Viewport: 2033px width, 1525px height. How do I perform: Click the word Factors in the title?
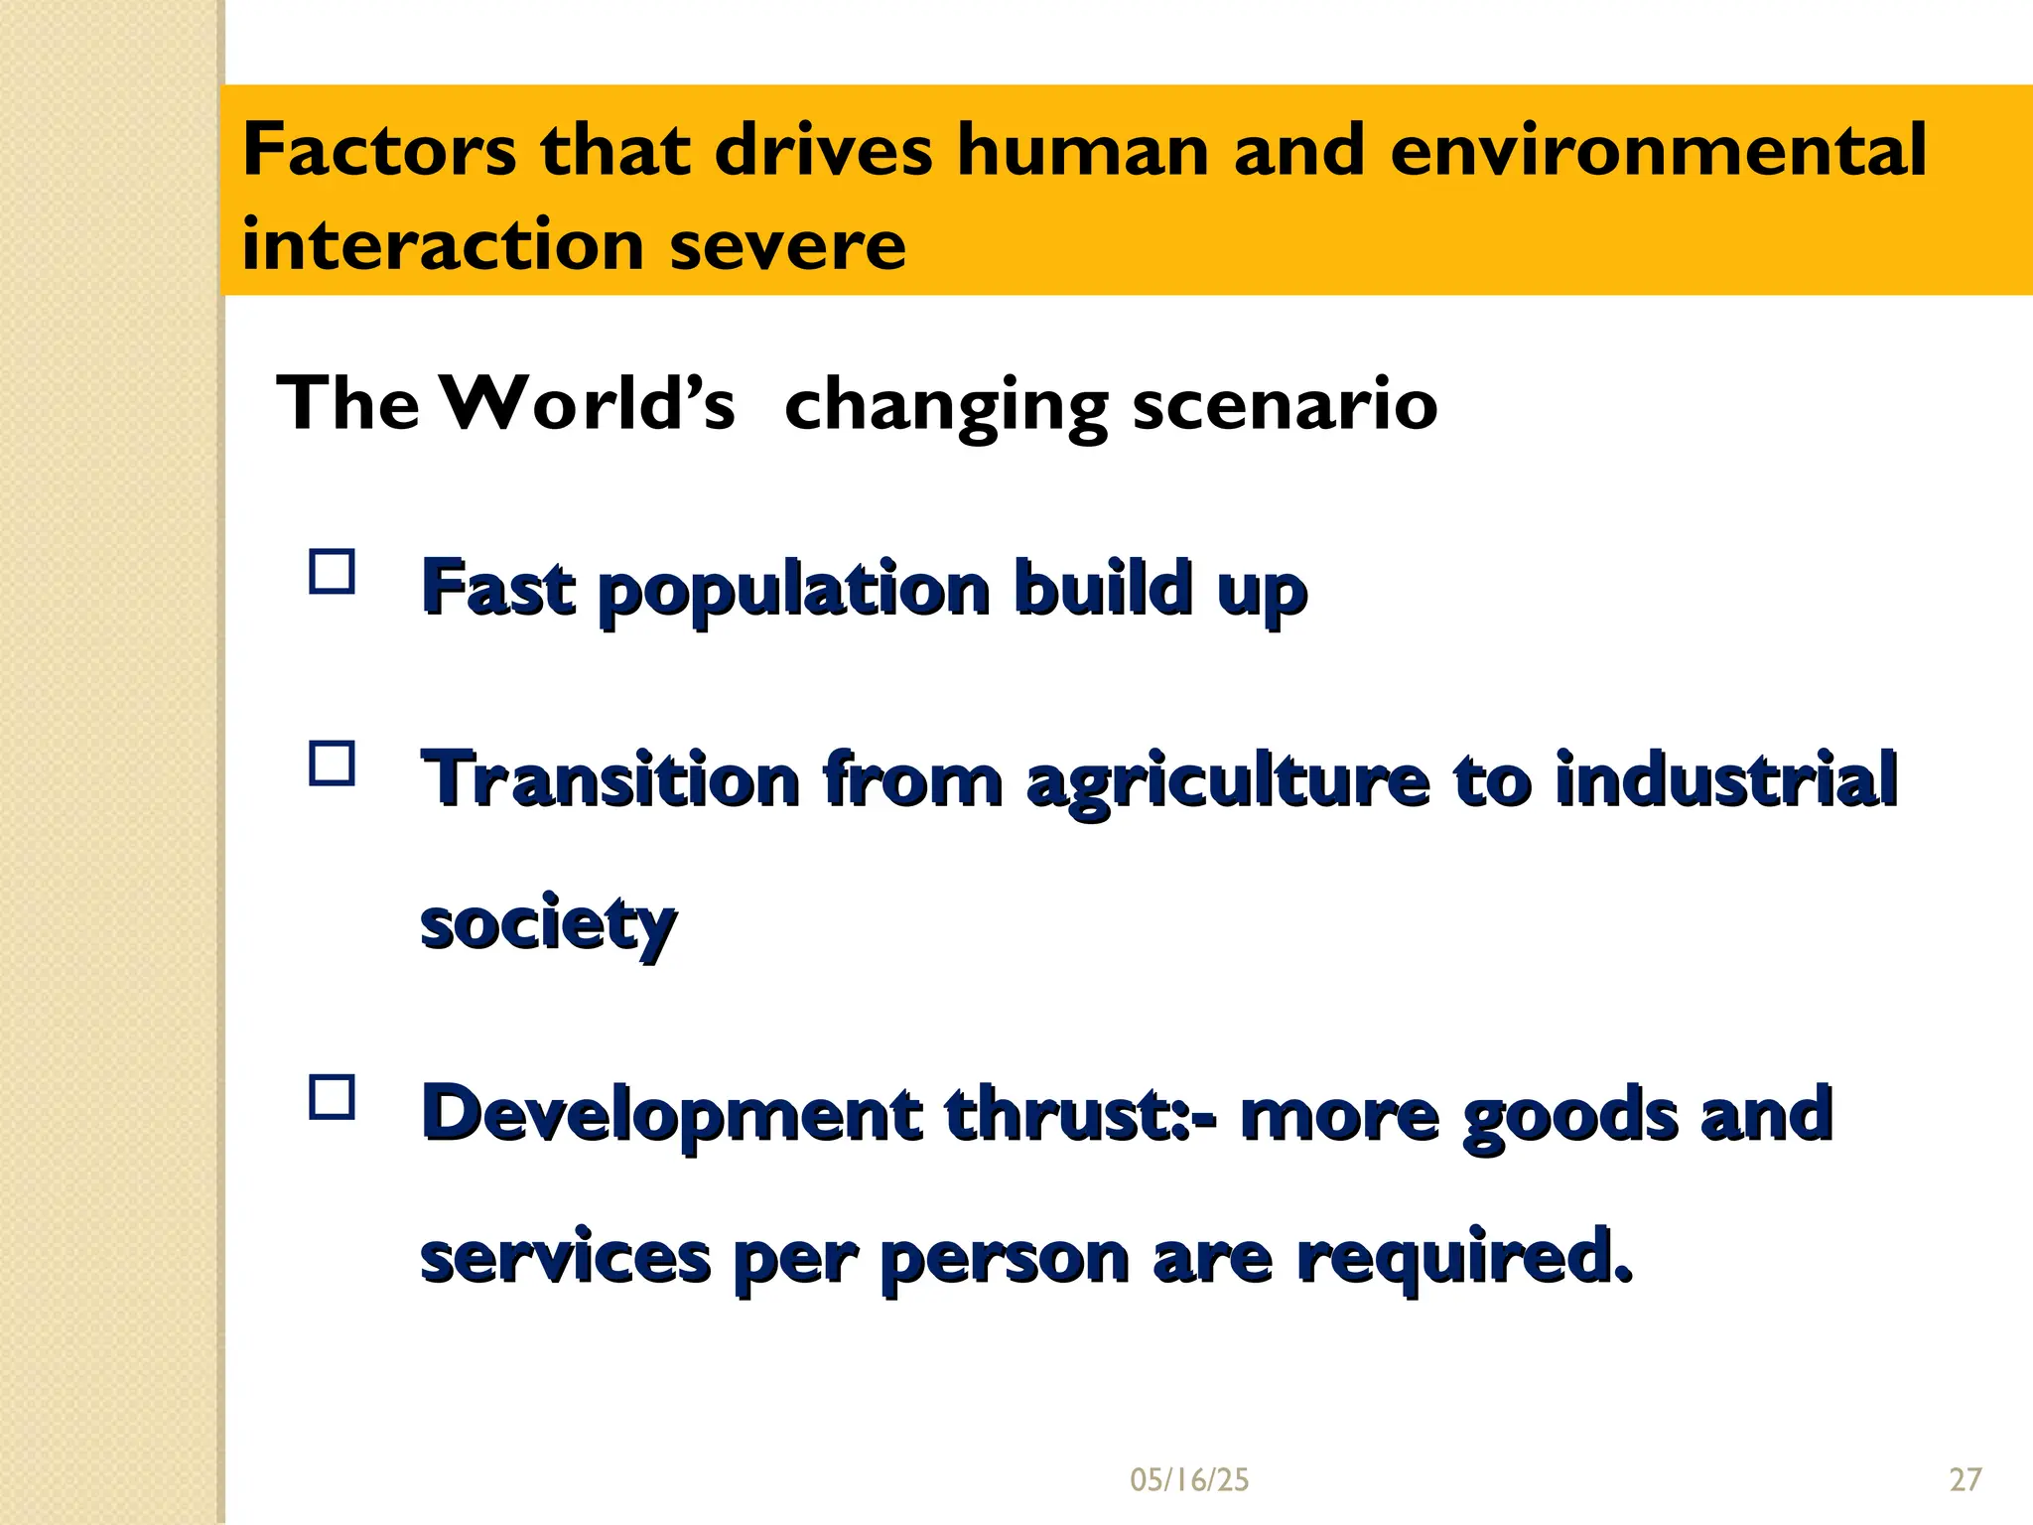(x=379, y=150)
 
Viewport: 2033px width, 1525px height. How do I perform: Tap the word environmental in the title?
(x=1658, y=150)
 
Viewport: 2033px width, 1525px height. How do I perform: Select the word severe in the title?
(x=787, y=244)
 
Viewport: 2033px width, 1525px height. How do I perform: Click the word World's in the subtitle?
(x=588, y=404)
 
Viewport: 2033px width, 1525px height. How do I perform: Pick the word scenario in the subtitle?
(x=1285, y=404)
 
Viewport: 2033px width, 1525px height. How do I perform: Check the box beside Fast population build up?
(x=333, y=572)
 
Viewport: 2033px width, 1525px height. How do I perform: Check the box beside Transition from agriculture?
(x=333, y=764)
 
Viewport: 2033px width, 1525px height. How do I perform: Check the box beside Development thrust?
(x=333, y=1098)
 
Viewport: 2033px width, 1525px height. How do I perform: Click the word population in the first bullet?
(x=794, y=588)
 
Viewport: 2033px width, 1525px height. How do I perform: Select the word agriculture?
(x=1228, y=780)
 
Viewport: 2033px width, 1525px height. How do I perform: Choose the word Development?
(x=671, y=1113)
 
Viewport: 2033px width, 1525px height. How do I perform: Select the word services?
(x=565, y=1257)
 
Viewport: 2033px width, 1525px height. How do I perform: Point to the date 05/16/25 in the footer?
(x=1189, y=1480)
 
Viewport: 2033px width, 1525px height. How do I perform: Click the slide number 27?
(x=1965, y=1480)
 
